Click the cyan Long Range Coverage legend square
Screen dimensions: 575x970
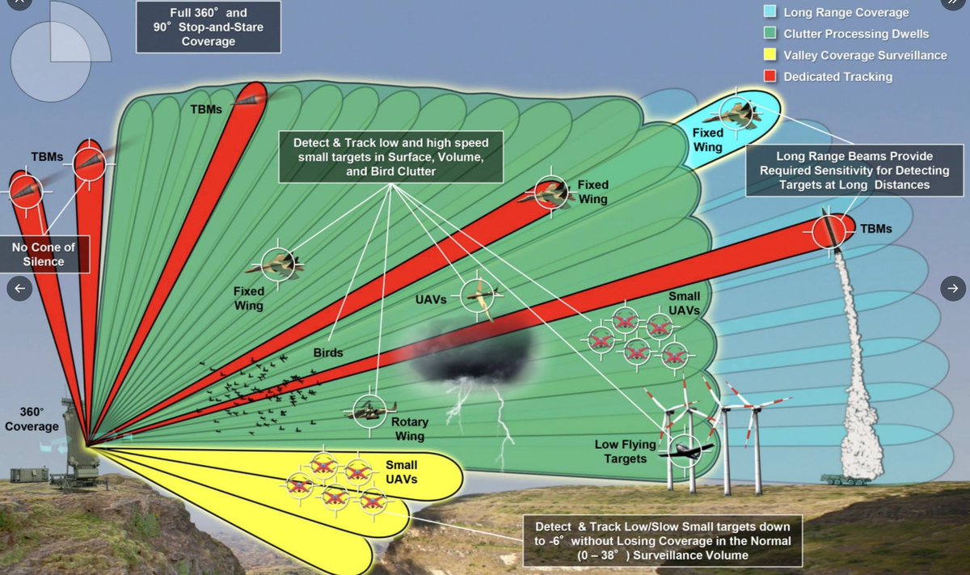pos(769,12)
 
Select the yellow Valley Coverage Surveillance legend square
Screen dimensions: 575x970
pos(769,55)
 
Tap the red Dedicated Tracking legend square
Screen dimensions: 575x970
pos(769,76)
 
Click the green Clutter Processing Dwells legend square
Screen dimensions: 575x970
pos(769,34)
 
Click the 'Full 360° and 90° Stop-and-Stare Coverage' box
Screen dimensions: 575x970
pos(208,27)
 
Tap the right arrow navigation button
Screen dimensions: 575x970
pos(952,288)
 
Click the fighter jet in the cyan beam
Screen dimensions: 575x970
pos(739,114)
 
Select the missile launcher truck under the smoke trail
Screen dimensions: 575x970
pos(845,479)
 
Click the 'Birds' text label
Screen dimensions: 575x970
pos(328,353)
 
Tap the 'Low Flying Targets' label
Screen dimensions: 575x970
pos(620,452)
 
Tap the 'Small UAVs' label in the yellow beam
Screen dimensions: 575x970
pos(401,471)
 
